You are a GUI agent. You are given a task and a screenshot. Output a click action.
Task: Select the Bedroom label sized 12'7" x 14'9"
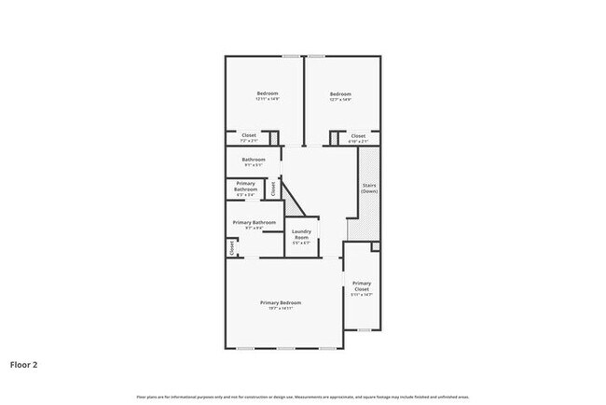coord(340,96)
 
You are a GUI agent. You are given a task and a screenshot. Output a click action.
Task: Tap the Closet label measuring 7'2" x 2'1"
coord(249,137)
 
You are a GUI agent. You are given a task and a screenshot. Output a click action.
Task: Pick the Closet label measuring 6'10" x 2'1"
coord(358,137)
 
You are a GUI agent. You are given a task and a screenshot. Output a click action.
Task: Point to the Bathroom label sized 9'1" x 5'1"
coord(255,161)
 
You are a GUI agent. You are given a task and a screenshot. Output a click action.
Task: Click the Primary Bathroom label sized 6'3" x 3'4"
coord(246,187)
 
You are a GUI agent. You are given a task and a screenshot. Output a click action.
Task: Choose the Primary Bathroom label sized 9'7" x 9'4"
coord(255,224)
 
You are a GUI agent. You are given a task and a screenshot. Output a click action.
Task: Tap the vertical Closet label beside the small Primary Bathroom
coord(273,188)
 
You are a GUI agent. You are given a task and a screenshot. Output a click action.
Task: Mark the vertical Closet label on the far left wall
coord(231,247)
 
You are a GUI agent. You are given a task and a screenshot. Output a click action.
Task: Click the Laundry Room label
coord(301,236)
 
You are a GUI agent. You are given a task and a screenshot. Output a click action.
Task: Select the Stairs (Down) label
coord(368,188)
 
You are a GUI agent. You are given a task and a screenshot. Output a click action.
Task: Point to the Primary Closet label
coord(362,287)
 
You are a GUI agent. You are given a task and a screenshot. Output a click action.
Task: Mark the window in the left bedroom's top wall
coord(291,56)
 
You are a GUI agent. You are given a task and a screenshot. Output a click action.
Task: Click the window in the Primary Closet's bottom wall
coord(364,329)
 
